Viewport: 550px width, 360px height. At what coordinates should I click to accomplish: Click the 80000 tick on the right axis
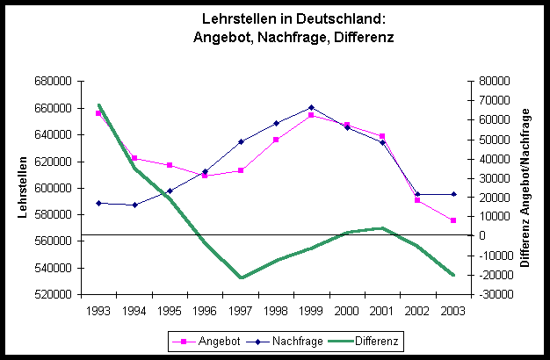coord(488,81)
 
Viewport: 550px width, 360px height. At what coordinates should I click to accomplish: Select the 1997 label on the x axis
coord(242,311)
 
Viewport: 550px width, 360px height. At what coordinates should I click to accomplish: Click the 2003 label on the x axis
coord(453,311)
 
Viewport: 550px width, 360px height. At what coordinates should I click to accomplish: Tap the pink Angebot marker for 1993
coord(99,113)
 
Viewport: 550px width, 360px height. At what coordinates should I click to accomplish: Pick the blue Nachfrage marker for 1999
coord(311,108)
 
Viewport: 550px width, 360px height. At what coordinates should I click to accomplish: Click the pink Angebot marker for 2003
coord(453,220)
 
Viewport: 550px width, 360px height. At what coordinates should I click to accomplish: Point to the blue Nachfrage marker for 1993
coord(99,203)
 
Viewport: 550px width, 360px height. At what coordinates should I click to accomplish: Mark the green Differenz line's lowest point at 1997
coord(241,277)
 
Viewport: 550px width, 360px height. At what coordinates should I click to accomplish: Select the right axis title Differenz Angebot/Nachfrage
coord(526,187)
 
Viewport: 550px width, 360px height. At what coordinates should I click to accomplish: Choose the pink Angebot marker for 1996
coord(205,176)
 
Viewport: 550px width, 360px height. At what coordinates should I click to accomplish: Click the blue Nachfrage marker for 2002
coord(417,194)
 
